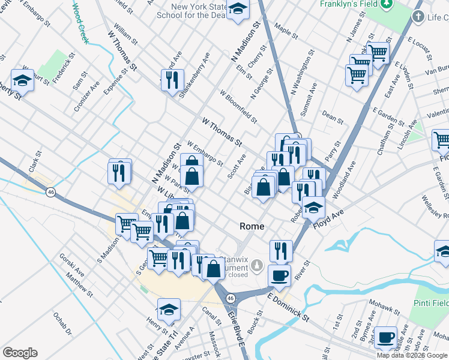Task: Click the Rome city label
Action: pyautogui.click(x=252, y=226)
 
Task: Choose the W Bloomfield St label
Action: pyautogui.click(x=238, y=107)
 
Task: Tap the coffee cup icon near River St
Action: pyautogui.click(x=279, y=275)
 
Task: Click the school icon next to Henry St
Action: pyautogui.click(x=169, y=309)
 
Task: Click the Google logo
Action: pyautogui.click(x=20, y=353)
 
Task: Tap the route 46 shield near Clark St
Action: pyautogui.click(x=52, y=191)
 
